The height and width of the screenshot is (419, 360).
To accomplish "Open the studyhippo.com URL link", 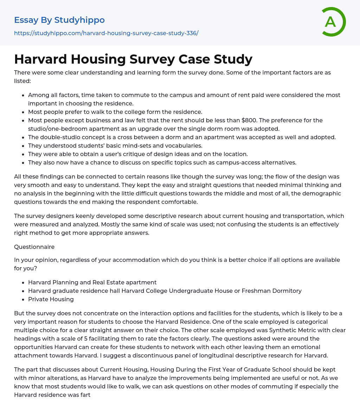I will point(106,33).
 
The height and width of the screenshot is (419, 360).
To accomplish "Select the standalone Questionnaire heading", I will point(34,247).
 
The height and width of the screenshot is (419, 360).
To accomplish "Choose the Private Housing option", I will point(51,299).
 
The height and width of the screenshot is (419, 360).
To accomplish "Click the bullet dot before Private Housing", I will point(23,299).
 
